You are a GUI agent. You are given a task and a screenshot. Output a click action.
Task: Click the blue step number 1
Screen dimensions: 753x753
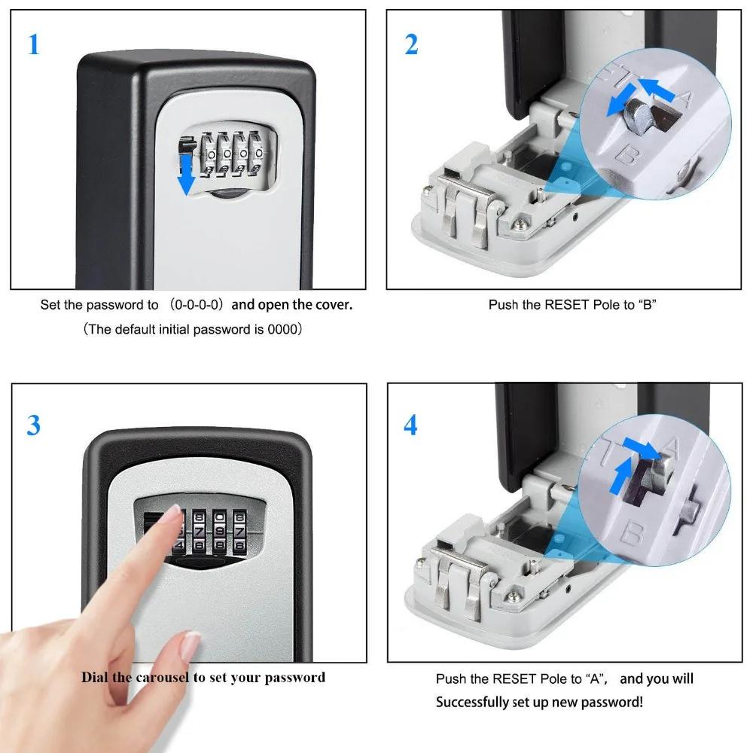coord(33,44)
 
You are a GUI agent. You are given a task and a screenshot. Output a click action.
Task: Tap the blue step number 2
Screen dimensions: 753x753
coord(411,44)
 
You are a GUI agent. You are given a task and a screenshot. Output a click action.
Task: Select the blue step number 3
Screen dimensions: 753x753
coord(34,425)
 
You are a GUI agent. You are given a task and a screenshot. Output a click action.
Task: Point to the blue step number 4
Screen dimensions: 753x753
coord(410,425)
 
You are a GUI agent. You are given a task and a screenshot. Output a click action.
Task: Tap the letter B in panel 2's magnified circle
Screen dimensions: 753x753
coord(625,156)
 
